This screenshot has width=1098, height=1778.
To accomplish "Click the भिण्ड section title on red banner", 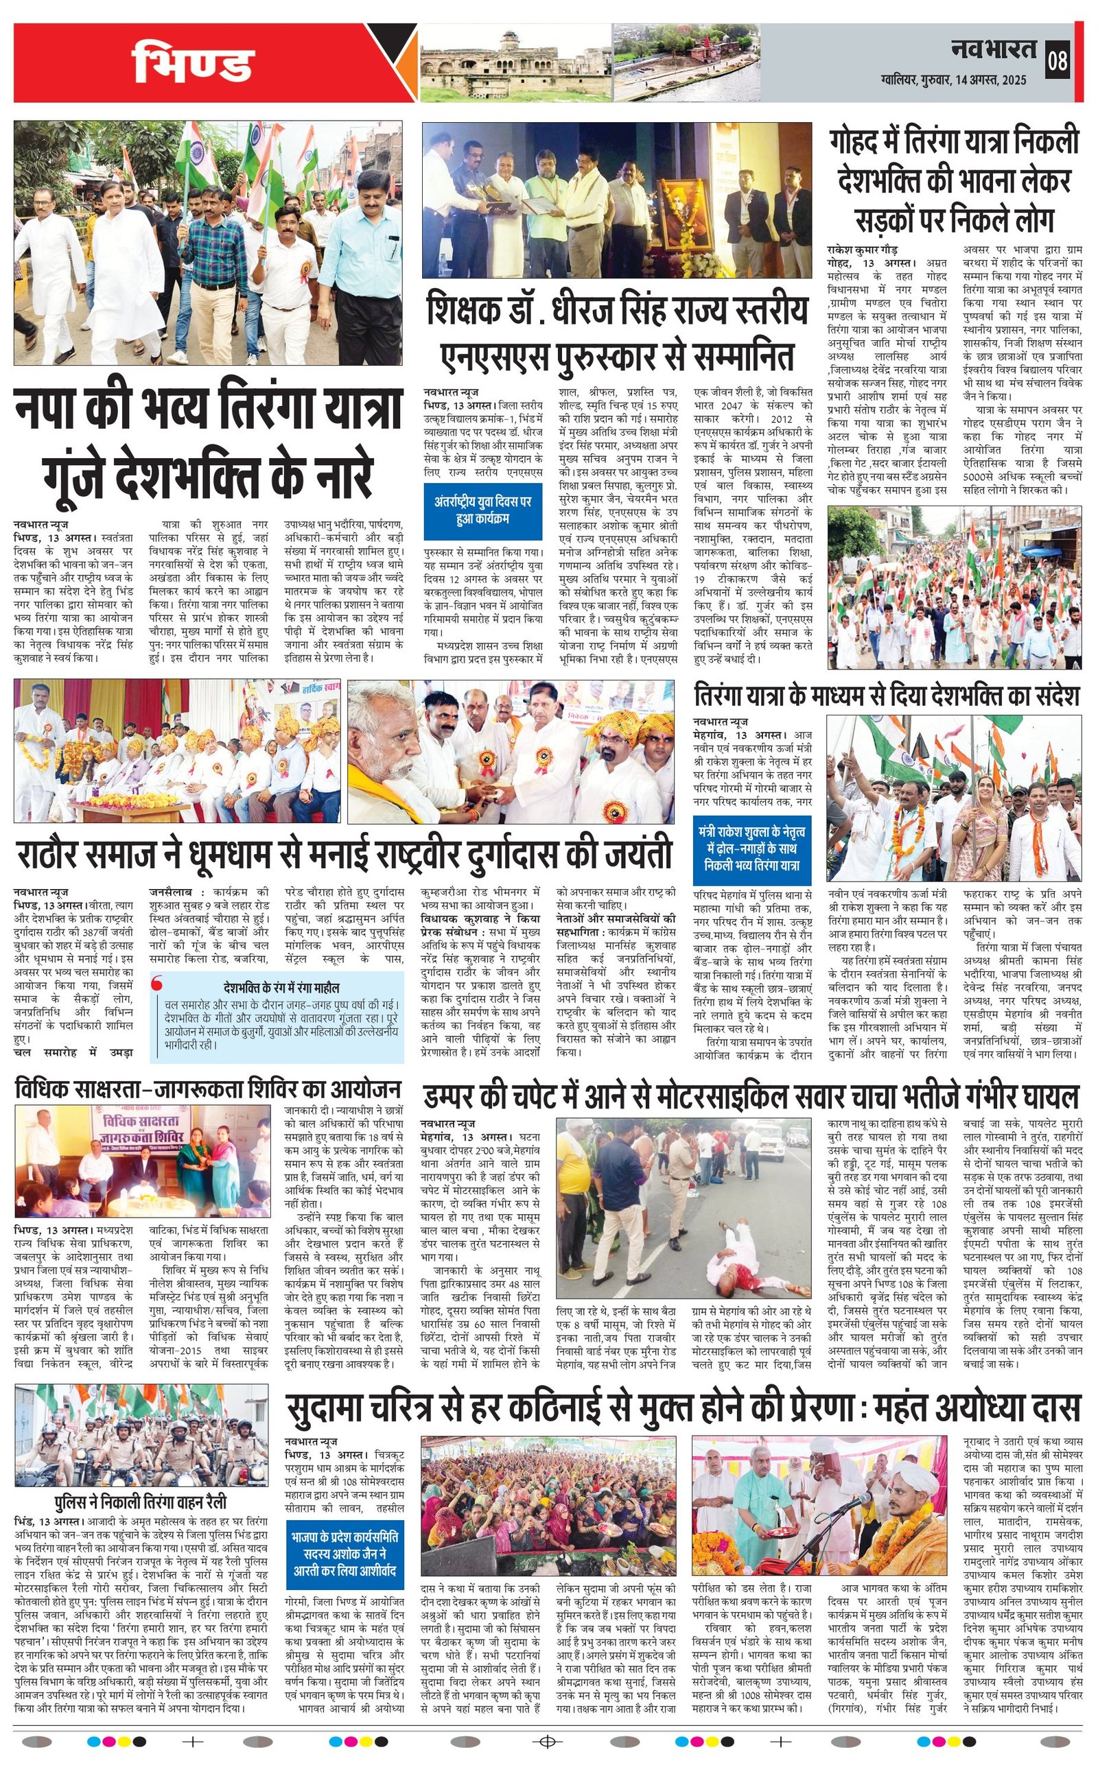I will [x=192, y=63].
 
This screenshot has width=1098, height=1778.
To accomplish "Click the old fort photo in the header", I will [x=513, y=62].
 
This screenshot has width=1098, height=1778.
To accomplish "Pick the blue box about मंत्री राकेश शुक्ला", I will [x=751, y=849].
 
